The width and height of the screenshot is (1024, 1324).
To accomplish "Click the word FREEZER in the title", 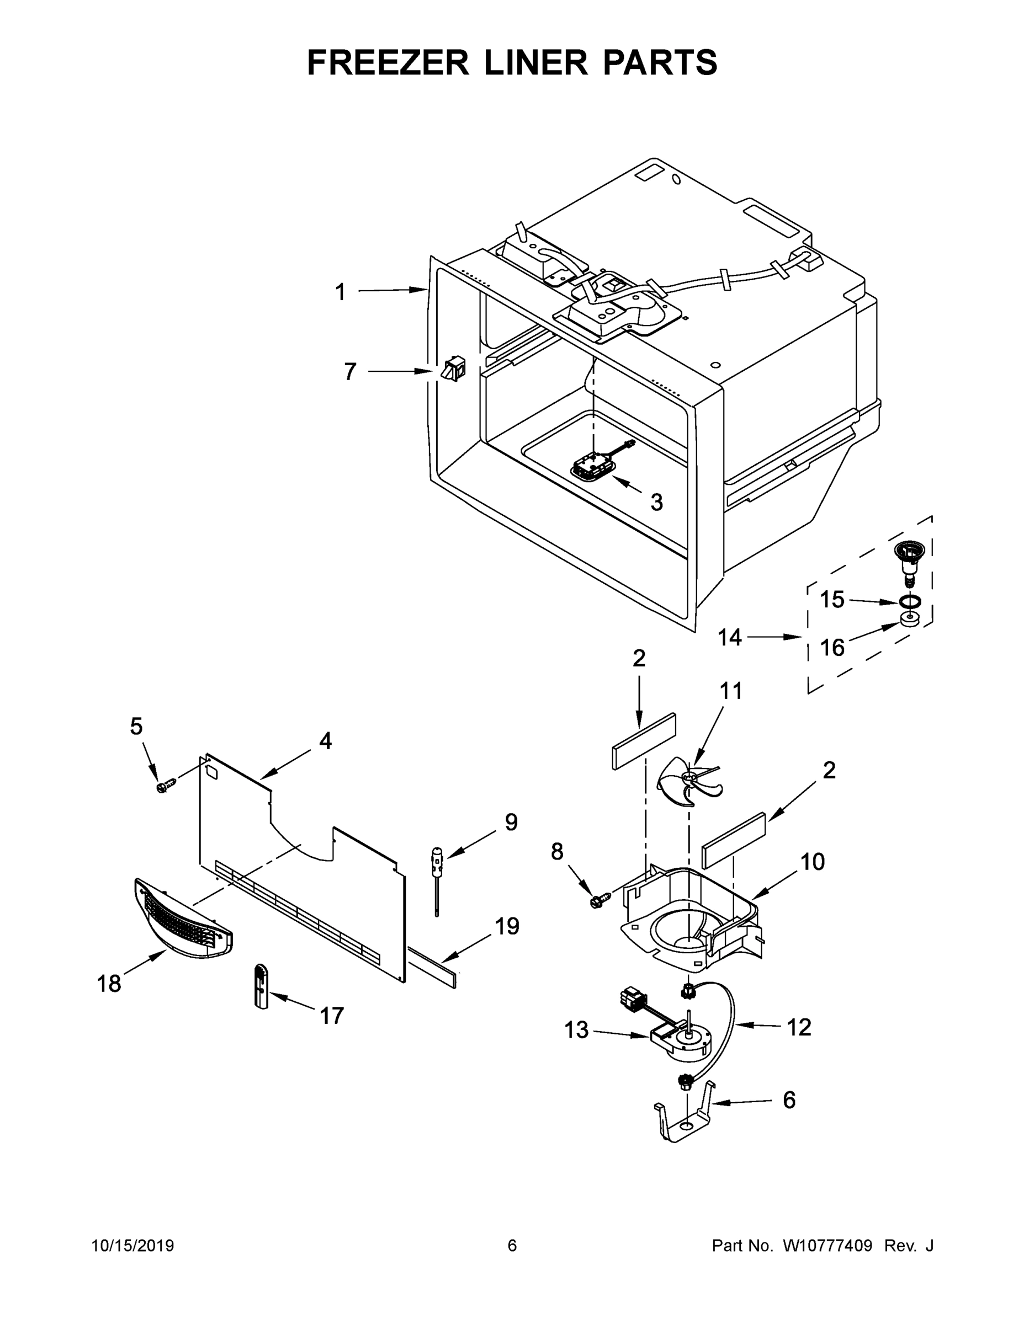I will tap(388, 62).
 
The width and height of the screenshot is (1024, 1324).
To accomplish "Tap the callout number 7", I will tap(350, 372).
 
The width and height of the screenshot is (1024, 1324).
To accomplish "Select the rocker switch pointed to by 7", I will tap(453, 370).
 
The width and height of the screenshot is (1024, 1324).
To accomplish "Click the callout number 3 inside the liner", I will tap(656, 502).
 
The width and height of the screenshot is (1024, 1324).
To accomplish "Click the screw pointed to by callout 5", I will tap(165, 786).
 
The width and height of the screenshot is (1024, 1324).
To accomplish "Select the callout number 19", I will tap(507, 926).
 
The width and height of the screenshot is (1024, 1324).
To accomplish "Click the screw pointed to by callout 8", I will tap(597, 902).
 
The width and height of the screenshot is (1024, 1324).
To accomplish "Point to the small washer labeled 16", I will tap(909, 620).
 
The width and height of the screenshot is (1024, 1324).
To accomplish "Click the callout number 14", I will tap(730, 637).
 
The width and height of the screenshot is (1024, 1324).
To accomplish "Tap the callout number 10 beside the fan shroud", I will tap(812, 862).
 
